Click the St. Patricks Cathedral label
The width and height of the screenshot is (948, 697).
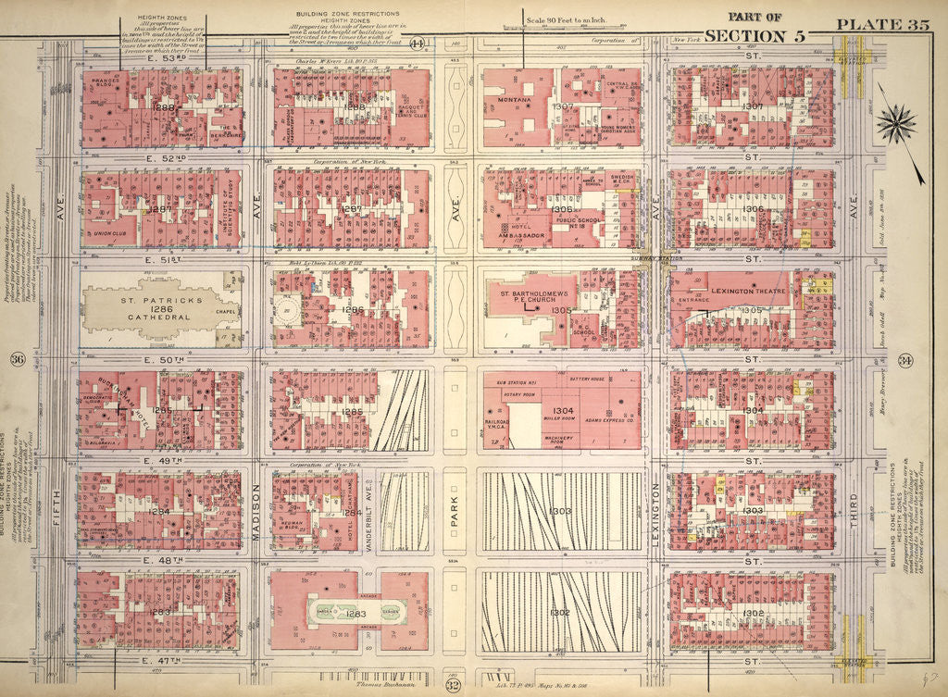pyautogui.click(x=154, y=308)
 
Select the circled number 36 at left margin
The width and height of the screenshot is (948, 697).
pyautogui.click(x=17, y=360)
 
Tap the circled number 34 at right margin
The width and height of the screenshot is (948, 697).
pyautogui.click(x=931, y=360)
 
